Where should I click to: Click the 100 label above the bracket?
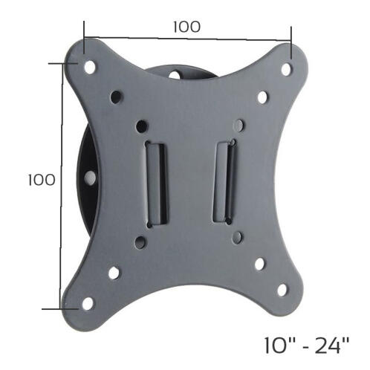pyautogui.click(x=186, y=26)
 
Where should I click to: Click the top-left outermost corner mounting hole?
pyautogui.click(x=90, y=66)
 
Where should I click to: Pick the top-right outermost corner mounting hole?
pyautogui.click(x=285, y=68)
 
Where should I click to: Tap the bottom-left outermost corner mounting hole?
pyautogui.click(x=86, y=302)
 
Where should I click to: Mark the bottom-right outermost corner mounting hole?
pyautogui.click(x=282, y=289)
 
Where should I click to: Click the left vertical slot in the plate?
pyautogui.click(x=156, y=182)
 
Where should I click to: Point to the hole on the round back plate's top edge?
pyautogui.click(x=178, y=74)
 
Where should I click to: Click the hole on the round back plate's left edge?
pyautogui.click(x=88, y=178)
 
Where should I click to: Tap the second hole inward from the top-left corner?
pyautogui.click(x=116, y=96)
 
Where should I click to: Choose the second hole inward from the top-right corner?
pyautogui.click(x=262, y=97)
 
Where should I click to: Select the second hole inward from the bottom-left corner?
pyautogui.click(x=114, y=273)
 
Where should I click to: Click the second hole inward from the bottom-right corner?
pyautogui.click(x=259, y=263)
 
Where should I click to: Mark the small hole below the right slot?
pyautogui.click(x=236, y=237)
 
